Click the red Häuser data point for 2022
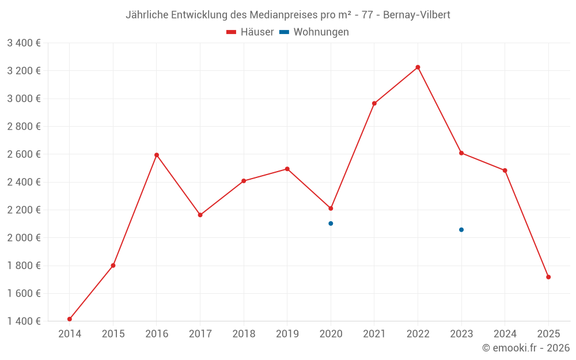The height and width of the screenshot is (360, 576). click(418, 67)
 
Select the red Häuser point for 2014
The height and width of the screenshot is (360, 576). click(70, 319)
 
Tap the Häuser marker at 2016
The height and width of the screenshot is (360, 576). click(157, 155)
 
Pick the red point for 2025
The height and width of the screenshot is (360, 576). click(548, 277)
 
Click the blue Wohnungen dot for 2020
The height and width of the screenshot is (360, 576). click(331, 223)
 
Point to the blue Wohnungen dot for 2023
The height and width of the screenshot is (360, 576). click(461, 230)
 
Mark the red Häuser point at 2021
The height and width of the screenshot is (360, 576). click(374, 104)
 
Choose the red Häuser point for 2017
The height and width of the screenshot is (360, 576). click(200, 215)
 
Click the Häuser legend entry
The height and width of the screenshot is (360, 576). click(250, 32)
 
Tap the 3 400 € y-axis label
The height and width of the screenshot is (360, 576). click(24, 43)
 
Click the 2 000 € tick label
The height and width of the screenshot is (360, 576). click(24, 238)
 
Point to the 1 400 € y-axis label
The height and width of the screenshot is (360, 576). click(24, 321)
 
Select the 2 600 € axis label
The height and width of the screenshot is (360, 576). click(24, 154)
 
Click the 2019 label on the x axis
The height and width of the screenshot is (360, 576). click(287, 334)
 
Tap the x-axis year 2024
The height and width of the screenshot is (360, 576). click(505, 334)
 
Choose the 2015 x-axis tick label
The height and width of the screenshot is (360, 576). click(113, 334)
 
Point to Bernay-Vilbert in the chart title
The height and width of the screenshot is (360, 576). click(414, 15)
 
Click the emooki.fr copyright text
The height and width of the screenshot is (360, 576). click(526, 348)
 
